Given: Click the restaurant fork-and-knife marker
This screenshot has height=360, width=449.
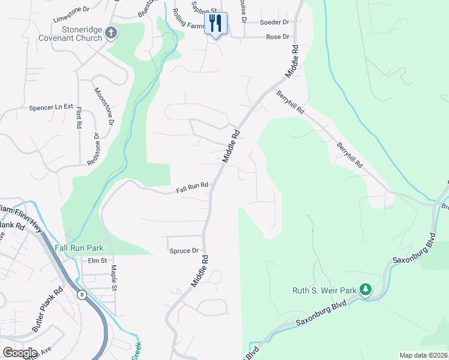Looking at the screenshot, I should tap(216, 23).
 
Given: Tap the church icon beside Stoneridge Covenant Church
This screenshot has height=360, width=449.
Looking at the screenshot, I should tap(110, 34).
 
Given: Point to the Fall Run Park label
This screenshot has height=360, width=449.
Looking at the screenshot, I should tap(79, 248).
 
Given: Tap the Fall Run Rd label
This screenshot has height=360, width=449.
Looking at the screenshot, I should tap(192, 188).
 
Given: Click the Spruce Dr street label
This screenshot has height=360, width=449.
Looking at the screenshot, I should tap(184, 251).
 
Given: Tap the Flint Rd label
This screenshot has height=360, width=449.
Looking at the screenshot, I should tap(79, 118).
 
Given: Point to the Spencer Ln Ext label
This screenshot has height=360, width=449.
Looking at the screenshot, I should tap(51, 109).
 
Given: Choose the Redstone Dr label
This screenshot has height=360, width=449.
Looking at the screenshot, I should tap(94, 149).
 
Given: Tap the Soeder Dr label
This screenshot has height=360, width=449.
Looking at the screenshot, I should tap(274, 22).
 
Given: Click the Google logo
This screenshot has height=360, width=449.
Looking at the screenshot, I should tap(20, 352).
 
